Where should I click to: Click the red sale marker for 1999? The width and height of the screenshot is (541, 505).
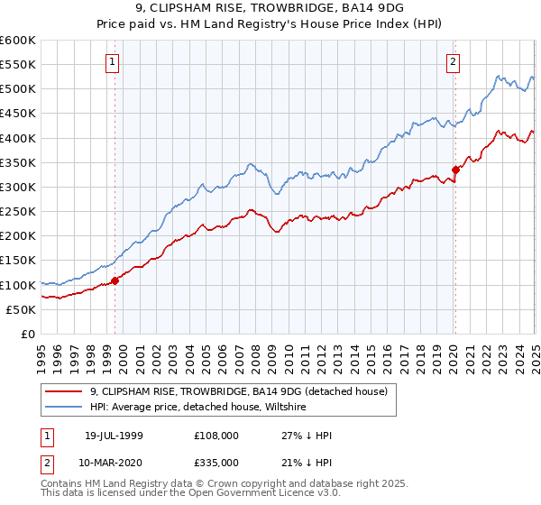tap(115, 280)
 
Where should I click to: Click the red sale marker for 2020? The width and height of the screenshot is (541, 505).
tap(455, 169)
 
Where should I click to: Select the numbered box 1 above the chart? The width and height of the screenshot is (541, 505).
tap(113, 62)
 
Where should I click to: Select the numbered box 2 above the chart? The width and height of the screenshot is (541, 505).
tap(453, 62)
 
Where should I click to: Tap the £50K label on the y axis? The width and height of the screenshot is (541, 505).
tap(21, 309)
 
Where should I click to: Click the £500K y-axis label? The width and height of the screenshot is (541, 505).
tap(18, 88)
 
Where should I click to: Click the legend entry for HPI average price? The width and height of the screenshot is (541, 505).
tap(198, 408)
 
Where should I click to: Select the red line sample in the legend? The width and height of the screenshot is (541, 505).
tap(64, 391)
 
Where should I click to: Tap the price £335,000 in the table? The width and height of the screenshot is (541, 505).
tap(215, 463)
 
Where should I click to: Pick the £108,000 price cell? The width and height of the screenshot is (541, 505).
tap(215, 436)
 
